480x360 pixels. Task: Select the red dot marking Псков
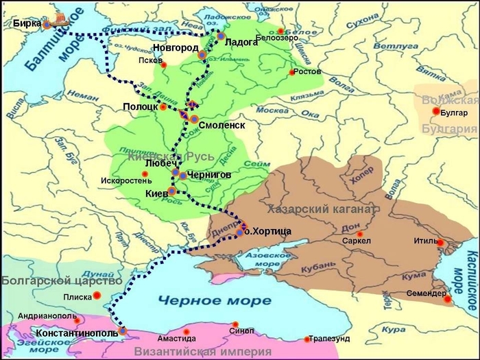pos(163,65)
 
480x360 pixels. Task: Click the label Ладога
pos(241,42)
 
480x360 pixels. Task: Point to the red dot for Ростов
pos(292,72)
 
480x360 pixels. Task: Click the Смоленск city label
pos(221,125)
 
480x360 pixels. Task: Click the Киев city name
pos(156,195)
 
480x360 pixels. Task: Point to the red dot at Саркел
pos(359,233)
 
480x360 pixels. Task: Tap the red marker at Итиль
pos(441,243)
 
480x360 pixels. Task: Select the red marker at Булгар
pos(435,111)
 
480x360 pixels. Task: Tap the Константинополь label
pos(75,333)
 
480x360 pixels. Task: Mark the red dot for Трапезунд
pos(307,339)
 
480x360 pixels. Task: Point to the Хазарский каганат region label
pos(321,208)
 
